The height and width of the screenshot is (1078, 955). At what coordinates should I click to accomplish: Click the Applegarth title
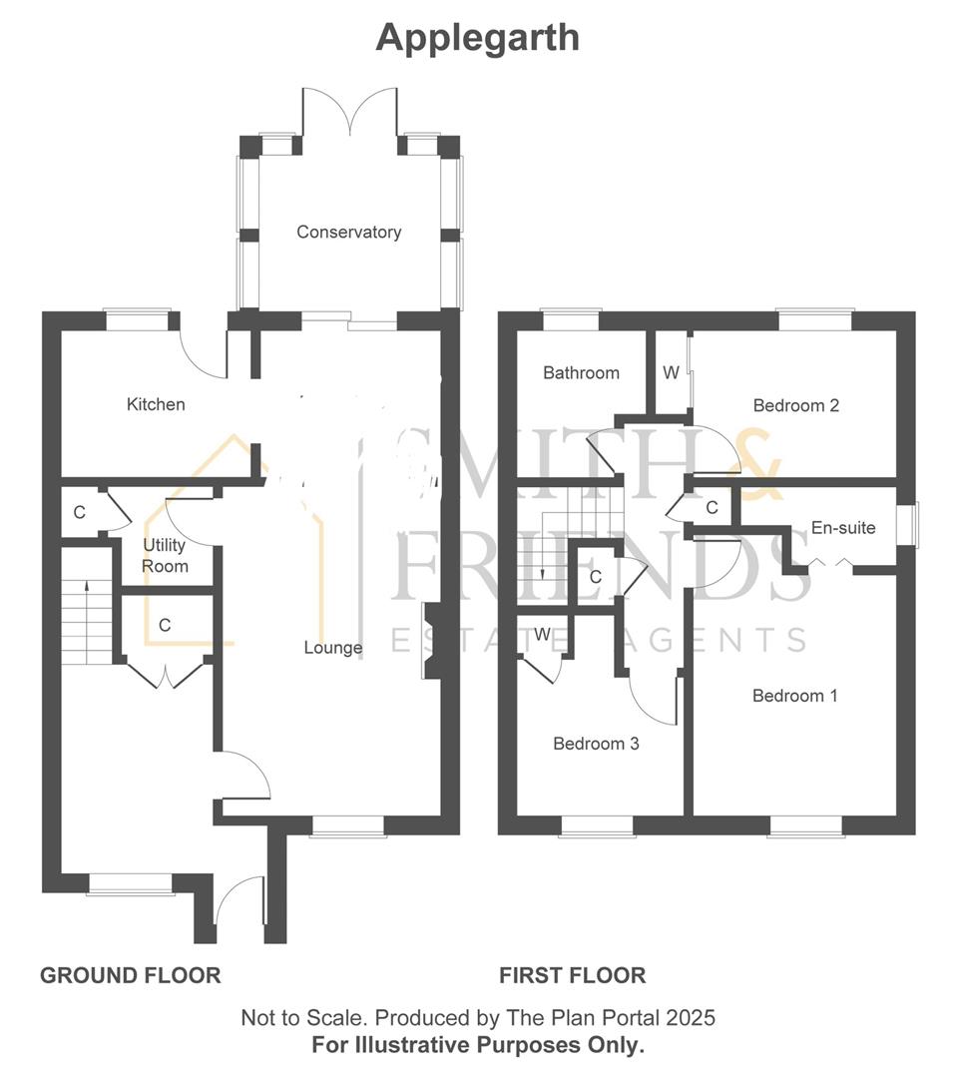coord(477,38)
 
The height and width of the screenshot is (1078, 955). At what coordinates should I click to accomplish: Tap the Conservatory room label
coord(348,232)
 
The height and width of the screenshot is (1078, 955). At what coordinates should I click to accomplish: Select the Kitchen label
coord(156,404)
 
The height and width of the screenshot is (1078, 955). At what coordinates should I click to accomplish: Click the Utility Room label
coord(165,556)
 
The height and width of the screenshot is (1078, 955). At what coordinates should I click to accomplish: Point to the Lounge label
coord(333,648)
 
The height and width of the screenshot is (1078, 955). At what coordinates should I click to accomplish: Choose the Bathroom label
coord(581,372)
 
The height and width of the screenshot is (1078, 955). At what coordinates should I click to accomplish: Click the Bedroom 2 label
coord(795,405)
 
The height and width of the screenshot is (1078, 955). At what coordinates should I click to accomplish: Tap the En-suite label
coord(842,527)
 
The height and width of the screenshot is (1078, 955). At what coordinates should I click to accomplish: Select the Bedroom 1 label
coord(794,696)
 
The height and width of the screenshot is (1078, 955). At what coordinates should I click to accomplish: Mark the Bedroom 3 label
coord(596,744)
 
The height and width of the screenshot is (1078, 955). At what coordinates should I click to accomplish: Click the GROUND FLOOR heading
coord(130,975)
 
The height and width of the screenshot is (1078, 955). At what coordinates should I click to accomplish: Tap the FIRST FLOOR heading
coord(572,975)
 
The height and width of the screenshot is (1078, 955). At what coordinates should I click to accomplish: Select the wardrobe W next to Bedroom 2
coord(671,373)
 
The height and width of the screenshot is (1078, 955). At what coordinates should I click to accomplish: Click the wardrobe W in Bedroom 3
coord(541,635)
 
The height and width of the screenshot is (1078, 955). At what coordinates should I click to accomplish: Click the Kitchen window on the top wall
coord(139,319)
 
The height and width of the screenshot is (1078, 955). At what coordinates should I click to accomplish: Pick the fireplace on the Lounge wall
coord(428,642)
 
